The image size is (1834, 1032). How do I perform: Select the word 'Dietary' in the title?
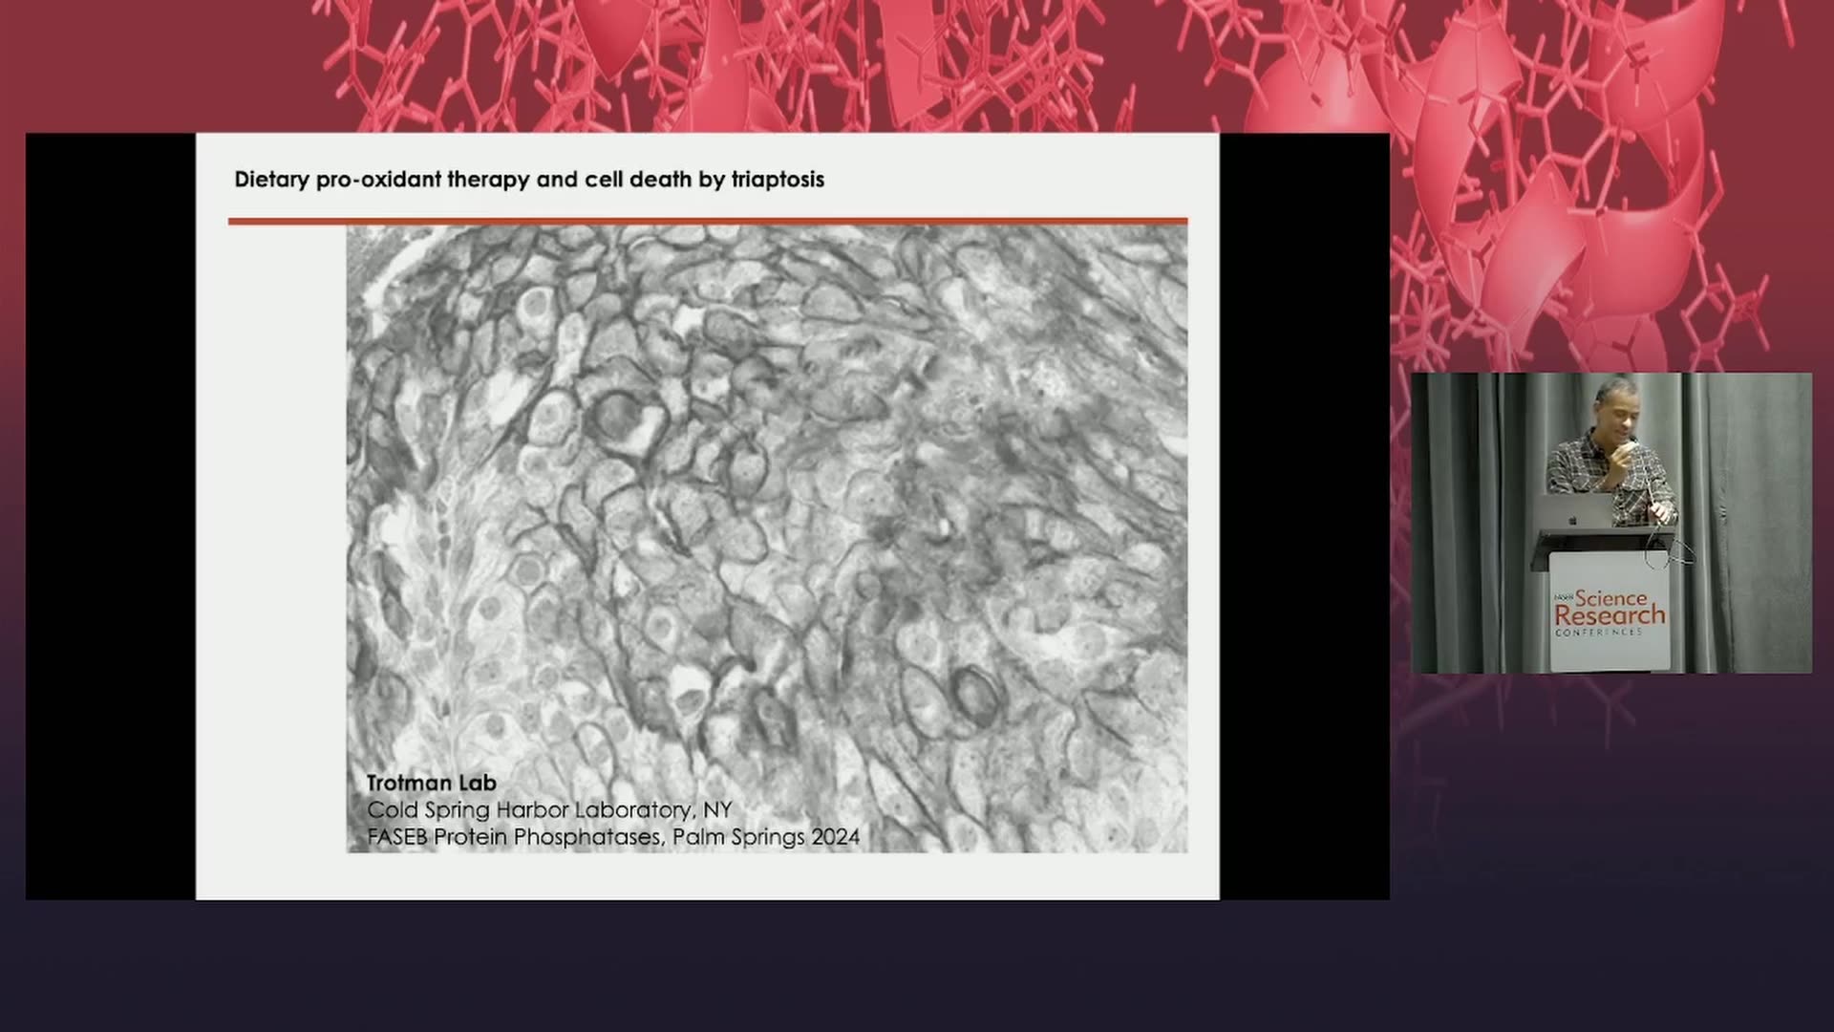click(x=271, y=180)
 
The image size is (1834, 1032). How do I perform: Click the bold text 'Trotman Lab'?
click(x=432, y=783)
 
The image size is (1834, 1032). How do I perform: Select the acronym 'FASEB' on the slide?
click(x=397, y=837)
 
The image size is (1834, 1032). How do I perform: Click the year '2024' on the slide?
click(x=835, y=837)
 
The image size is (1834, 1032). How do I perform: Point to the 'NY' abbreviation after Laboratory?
click(x=717, y=809)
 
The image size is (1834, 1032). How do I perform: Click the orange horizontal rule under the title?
click(x=708, y=222)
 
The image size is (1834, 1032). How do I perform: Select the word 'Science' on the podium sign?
click(x=1610, y=598)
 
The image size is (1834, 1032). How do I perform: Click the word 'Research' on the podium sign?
click(x=1610, y=615)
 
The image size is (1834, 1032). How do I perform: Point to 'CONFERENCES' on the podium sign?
click(x=1599, y=633)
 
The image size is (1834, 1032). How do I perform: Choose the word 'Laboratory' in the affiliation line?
click(x=634, y=810)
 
